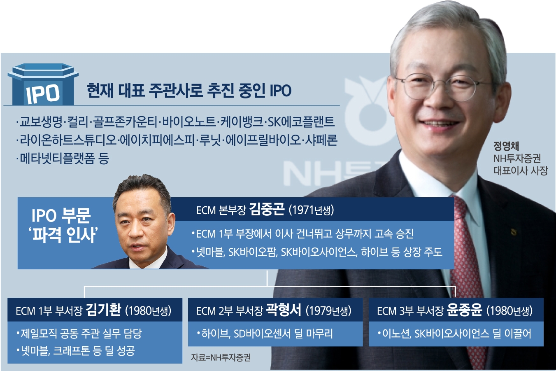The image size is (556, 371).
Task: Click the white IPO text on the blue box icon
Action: click(43, 93)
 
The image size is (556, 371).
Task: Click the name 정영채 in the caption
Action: click(506, 146)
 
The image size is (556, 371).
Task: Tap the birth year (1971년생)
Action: click(311, 210)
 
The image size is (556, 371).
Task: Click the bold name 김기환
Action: click(103, 310)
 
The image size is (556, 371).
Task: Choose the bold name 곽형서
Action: click(284, 310)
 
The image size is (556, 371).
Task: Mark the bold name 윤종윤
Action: click(465, 310)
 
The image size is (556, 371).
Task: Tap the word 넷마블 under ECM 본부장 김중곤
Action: click(210, 252)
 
